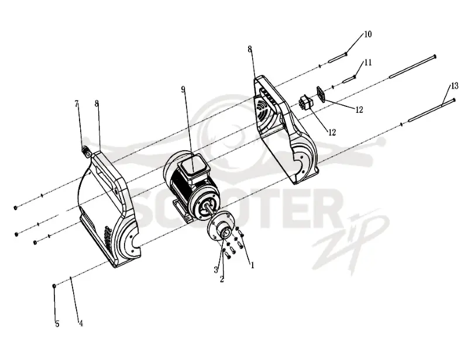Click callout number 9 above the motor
coord(183,89)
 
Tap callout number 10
coord(368,34)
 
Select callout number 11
coord(368,63)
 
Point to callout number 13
coord(455,86)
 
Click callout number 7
coord(77,103)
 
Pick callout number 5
coord(57,324)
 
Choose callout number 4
coord(81,323)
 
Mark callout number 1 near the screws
coord(253,265)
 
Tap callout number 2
coord(222,279)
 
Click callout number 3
coord(216,270)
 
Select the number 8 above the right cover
coord(250,49)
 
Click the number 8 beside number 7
coord(97,103)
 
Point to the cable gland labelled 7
coord(87,151)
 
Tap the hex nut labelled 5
coord(54,286)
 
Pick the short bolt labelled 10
coord(338,58)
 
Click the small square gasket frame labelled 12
coord(320,94)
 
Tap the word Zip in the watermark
coord(350,238)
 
